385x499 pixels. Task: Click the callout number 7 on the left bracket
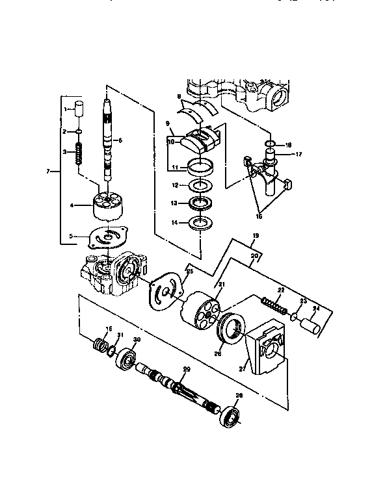[x=47, y=171]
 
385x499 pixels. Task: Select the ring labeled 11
[x=200, y=166]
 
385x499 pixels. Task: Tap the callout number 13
[x=174, y=203]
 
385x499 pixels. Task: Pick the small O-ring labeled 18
[x=270, y=144]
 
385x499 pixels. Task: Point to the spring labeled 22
[x=274, y=304]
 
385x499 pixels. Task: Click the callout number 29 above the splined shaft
[x=187, y=369]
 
